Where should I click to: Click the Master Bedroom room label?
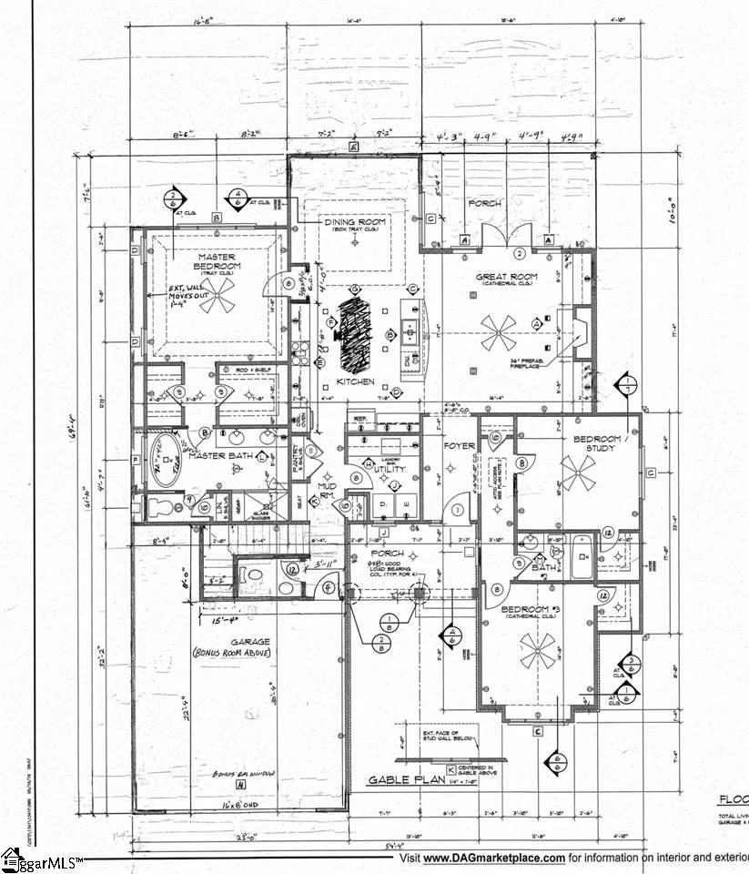point(217,262)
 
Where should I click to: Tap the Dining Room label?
point(356,222)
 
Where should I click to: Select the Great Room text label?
point(507,276)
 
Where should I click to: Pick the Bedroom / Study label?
point(597,444)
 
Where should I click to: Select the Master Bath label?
point(219,455)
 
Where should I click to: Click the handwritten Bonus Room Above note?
point(231,654)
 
